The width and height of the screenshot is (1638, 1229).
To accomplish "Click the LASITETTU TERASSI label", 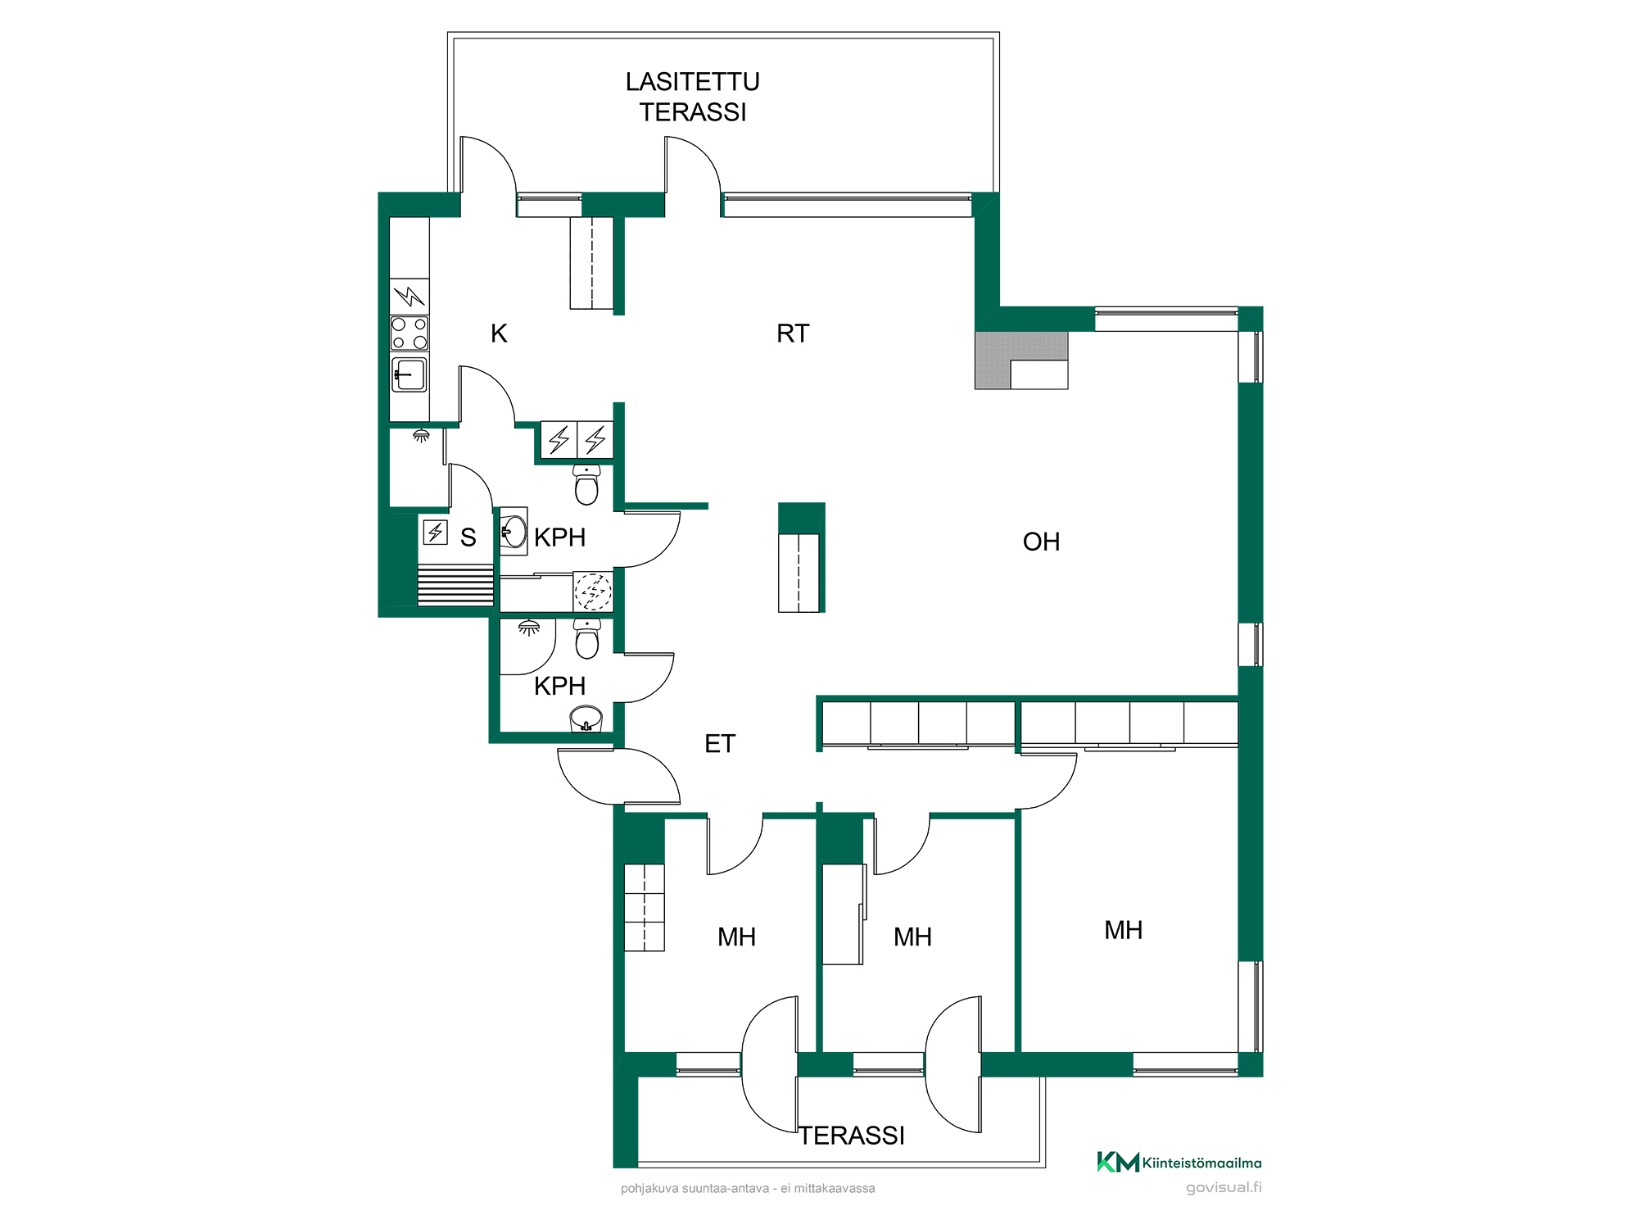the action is pos(693,97).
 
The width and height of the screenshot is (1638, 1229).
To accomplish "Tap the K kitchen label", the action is pos(499,333).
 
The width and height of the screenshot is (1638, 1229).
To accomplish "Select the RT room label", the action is pos(793,333).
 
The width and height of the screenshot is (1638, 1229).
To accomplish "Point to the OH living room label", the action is pos(1041,542).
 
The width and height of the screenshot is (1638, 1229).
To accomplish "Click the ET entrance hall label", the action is pos(720,744).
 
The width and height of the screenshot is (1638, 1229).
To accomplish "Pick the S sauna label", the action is pos(468,537).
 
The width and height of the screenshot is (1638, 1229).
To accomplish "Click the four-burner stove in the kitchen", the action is pos(409,333).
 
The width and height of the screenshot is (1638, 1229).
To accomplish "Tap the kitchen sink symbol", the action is pos(409,375).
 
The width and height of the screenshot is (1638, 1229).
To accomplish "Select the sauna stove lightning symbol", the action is pos(435,533).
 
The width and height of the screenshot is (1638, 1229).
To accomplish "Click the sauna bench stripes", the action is pos(455,585).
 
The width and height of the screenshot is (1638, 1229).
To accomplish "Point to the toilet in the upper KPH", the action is pos(586,484).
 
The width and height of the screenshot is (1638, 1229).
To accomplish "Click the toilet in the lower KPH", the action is pos(587,638).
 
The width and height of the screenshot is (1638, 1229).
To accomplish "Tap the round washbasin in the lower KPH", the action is pos(586,719).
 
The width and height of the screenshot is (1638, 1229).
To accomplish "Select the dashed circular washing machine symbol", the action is pos(593,591).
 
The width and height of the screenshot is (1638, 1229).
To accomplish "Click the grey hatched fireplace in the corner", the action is pos(1020,360).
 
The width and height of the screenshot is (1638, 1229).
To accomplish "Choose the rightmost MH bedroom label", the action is pos(1123,930).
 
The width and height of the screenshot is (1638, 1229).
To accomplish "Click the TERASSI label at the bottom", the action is pos(852,1136).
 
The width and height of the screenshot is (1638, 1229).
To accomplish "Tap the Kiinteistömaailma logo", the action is pos(1179,1162).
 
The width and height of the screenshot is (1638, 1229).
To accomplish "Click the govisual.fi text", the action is pos(1224,1187).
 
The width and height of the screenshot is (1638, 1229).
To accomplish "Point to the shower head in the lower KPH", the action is pos(529,628).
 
